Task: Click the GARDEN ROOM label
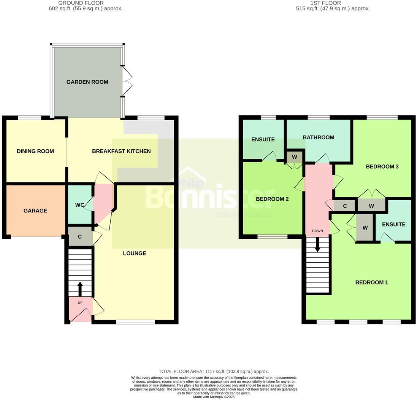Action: click(87, 82)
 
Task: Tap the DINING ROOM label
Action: click(35, 151)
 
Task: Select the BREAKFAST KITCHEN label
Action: click(121, 151)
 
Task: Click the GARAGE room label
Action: click(35, 211)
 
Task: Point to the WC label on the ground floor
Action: click(79, 205)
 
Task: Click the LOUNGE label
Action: click(134, 253)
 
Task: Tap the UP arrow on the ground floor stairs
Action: click(80, 289)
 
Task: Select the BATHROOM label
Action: click(318, 137)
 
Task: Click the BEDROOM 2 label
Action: click(272, 199)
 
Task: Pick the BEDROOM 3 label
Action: click(382, 166)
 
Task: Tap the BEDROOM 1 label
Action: click(371, 282)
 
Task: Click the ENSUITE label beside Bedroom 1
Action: click(393, 225)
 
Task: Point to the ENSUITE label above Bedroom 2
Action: click(263, 139)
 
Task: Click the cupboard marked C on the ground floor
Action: click(80, 237)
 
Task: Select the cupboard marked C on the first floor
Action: click(345, 206)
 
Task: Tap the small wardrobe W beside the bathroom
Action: click(295, 157)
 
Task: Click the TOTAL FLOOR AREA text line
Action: click(214, 371)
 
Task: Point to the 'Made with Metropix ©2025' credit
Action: click(214, 397)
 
